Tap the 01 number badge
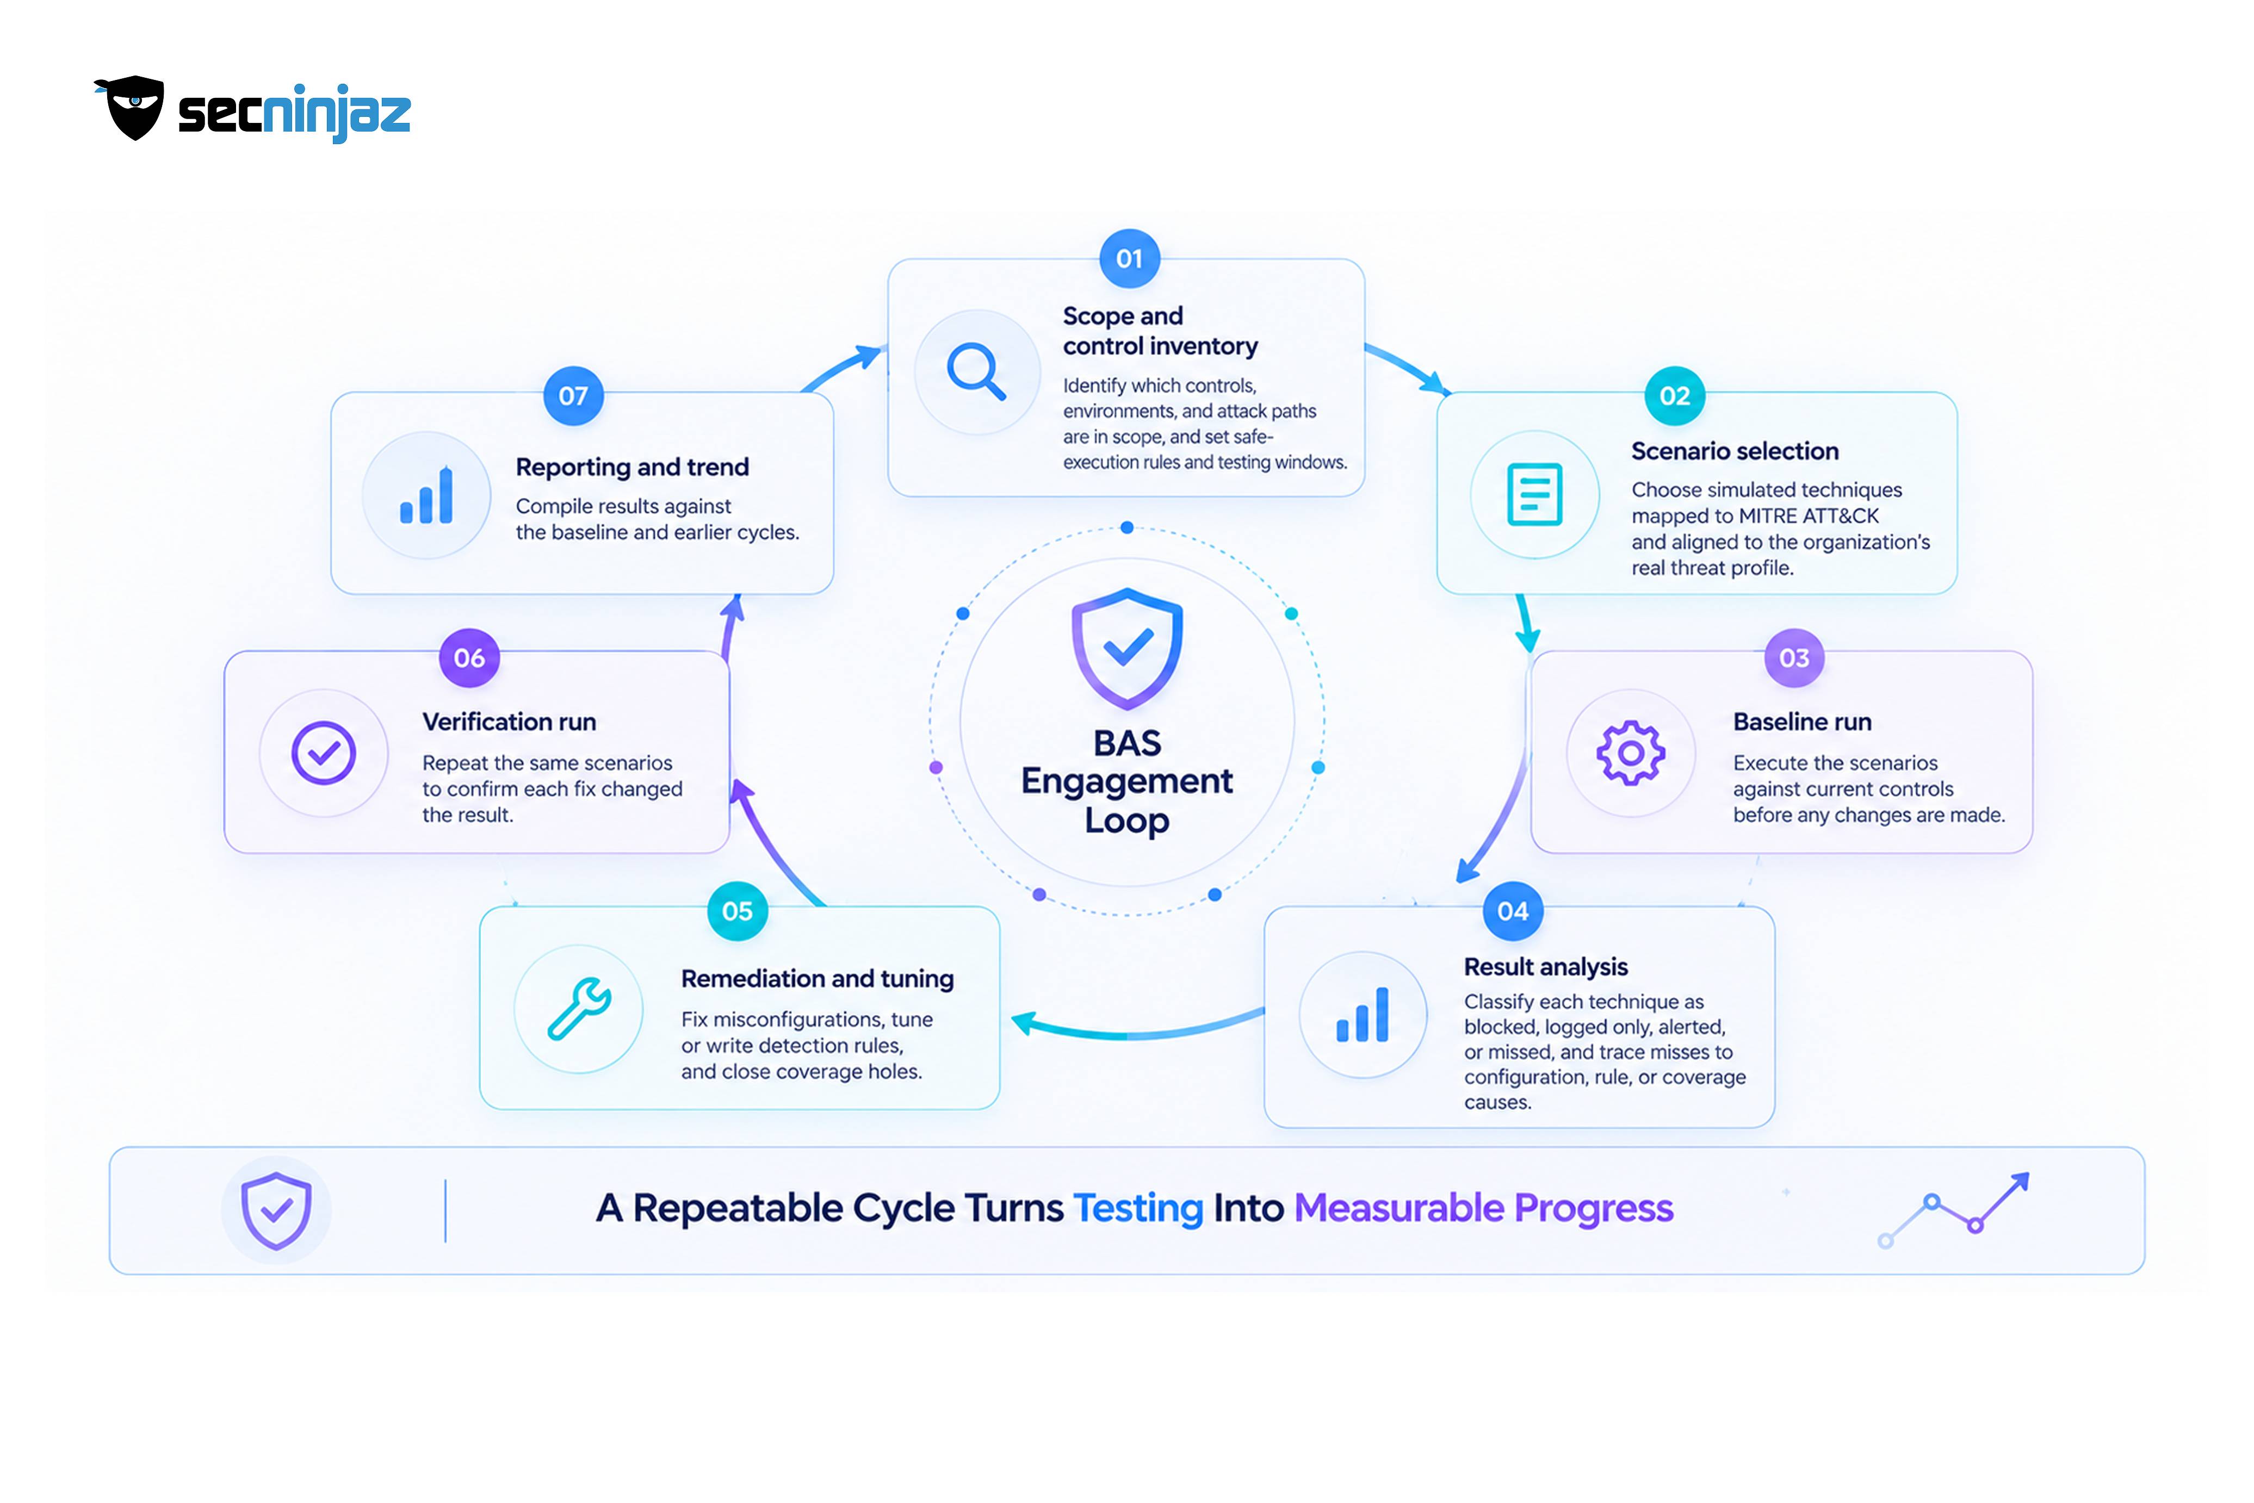[x=1129, y=259]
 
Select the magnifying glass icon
[x=976, y=371]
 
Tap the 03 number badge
[x=1794, y=657]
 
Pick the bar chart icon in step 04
[x=1363, y=1014]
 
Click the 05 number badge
[x=737, y=911]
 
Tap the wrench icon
[x=579, y=1008]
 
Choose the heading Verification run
[x=509, y=722]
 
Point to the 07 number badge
[x=573, y=396]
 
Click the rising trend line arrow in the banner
[x=1954, y=1210]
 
